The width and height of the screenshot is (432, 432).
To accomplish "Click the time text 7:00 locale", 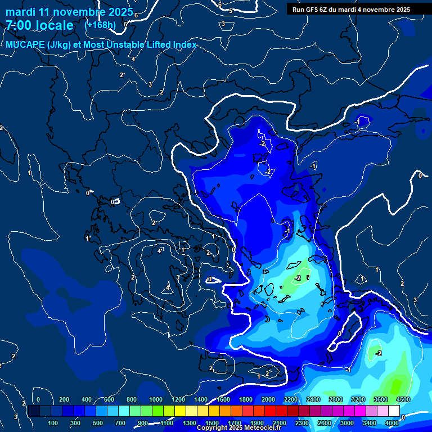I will (x=39, y=25).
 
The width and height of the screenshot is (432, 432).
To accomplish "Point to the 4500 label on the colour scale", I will (x=403, y=399).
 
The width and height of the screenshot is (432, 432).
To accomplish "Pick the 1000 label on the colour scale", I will (x=156, y=399).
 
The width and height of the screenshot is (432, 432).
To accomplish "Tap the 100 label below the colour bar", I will (x=53, y=422).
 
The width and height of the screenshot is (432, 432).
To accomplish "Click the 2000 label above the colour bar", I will (x=268, y=399).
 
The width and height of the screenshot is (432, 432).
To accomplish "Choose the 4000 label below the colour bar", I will (x=392, y=422).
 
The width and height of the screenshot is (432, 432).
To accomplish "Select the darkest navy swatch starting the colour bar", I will (x=34, y=411).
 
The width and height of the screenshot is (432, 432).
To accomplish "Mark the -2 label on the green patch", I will (x=298, y=278).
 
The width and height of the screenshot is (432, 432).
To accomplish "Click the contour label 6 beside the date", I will (x=136, y=15).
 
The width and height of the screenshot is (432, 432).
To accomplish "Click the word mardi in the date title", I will (x=21, y=11).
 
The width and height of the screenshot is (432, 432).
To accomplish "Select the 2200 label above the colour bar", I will (x=291, y=399).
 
